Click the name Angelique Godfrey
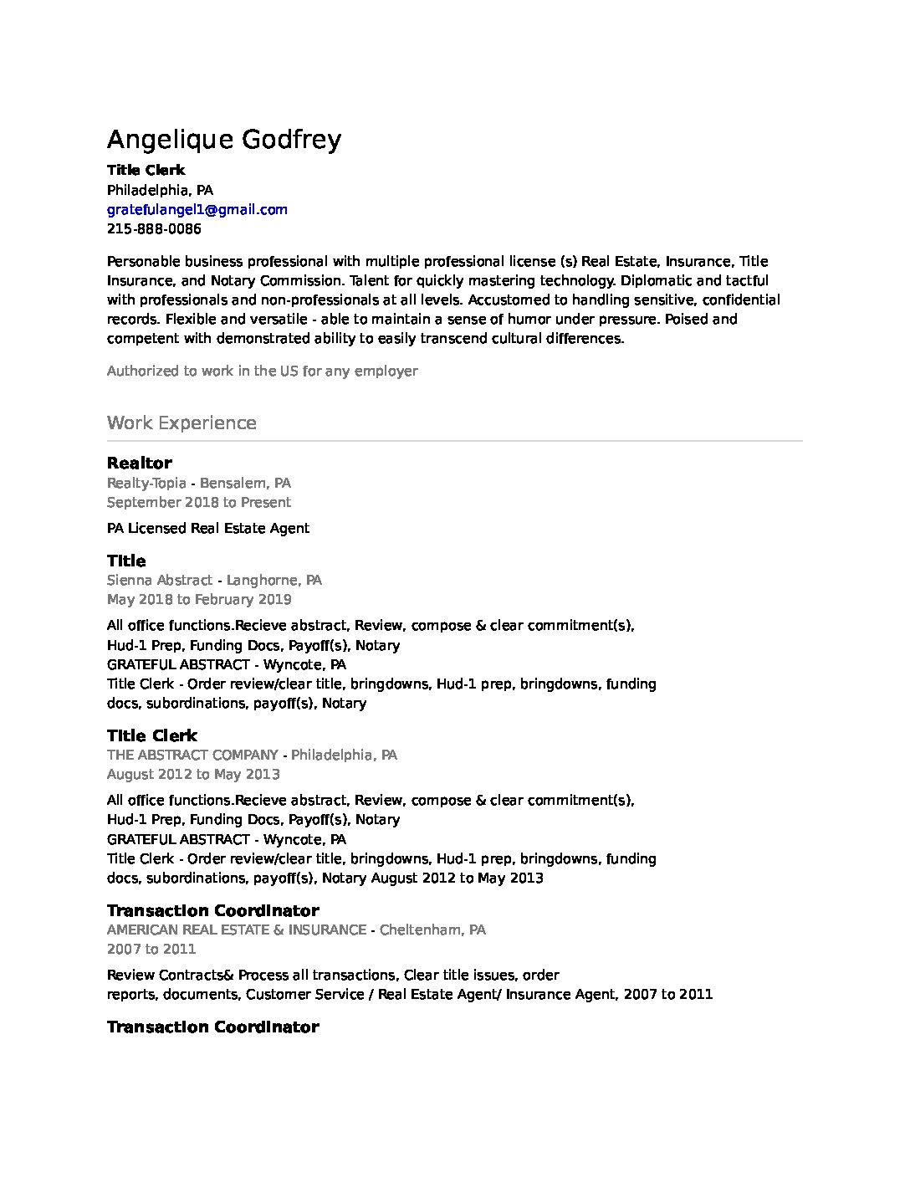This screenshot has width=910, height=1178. (x=224, y=139)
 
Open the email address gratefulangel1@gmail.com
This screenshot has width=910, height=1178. (x=197, y=209)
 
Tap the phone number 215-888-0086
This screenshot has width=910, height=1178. (x=154, y=228)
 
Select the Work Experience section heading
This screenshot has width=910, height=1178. (x=181, y=423)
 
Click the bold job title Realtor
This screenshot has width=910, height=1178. (x=140, y=463)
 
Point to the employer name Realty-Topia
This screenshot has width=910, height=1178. (x=146, y=483)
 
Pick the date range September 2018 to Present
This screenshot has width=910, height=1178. (x=199, y=502)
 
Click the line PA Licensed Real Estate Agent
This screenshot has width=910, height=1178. (x=208, y=528)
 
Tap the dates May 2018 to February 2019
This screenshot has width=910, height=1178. (x=199, y=599)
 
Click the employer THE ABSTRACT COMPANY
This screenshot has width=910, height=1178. (x=192, y=755)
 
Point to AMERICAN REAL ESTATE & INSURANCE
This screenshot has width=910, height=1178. (x=237, y=930)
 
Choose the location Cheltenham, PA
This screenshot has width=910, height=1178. (x=432, y=930)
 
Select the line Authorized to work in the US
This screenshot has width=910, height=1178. (x=262, y=371)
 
